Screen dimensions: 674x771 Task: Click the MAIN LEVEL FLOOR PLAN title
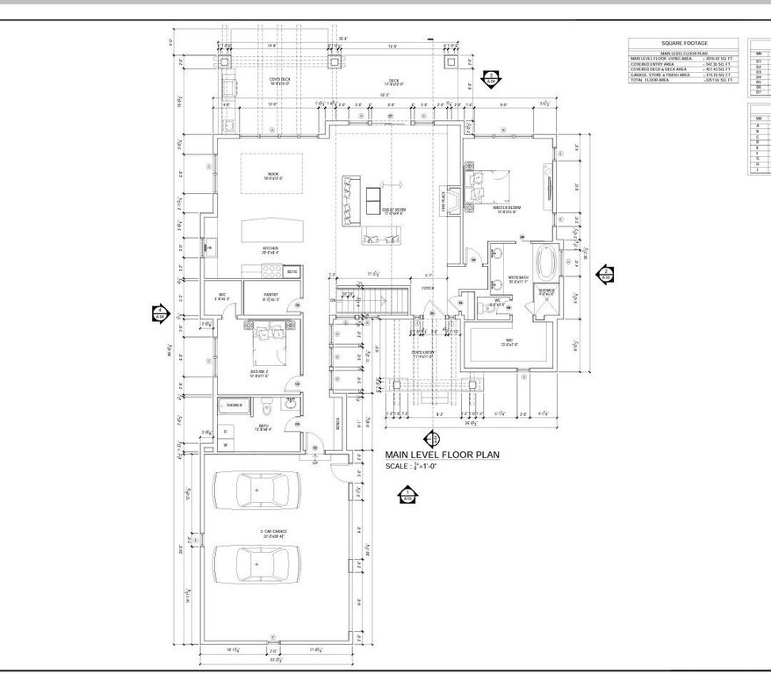[443, 455]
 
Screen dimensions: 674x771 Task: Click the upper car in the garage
[256, 490]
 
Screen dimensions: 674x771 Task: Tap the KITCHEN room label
[270, 248]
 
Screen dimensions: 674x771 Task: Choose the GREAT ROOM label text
[393, 210]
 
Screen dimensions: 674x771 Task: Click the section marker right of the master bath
[605, 274]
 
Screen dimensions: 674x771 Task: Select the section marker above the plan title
[431, 438]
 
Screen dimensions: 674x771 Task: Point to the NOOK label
[273, 174]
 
